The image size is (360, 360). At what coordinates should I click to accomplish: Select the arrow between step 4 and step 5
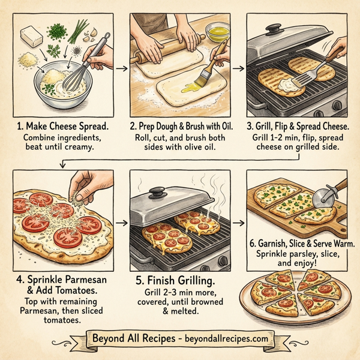(x=123, y=223)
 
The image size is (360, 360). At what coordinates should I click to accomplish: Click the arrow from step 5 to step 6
(x=239, y=223)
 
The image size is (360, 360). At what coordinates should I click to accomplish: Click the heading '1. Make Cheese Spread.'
(x=65, y=128)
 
